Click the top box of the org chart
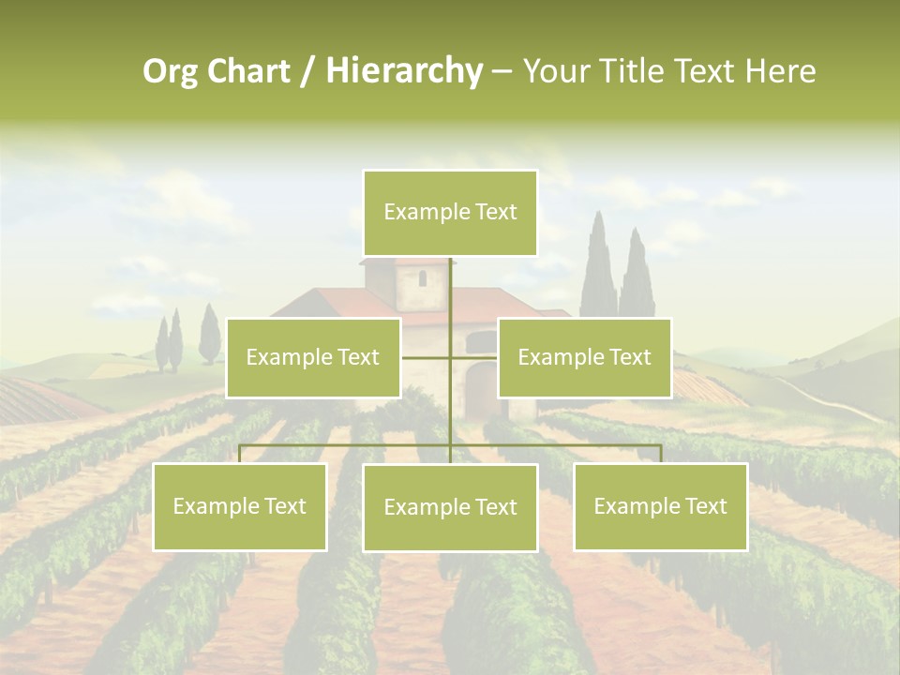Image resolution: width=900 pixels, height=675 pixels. [x=450, y=213]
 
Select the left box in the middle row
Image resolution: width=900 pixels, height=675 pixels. [x=313, y=357]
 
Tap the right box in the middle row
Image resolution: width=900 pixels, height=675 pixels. [x=584, y=357]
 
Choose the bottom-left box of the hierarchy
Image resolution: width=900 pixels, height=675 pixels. [x=239, y=506]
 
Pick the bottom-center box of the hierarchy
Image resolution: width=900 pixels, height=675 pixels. [x=450, y=507]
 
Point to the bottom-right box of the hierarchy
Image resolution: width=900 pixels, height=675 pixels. [x=660, y=506]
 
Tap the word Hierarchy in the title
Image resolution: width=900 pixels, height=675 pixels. [x=404, y=71]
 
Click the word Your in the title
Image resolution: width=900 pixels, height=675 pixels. [x=557, y=71]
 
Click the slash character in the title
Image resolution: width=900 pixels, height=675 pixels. [x=307, y=71]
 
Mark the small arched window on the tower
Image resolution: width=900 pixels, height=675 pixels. [x=422, y=277]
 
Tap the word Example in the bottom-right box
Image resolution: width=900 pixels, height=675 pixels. [x=627, y=506]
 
